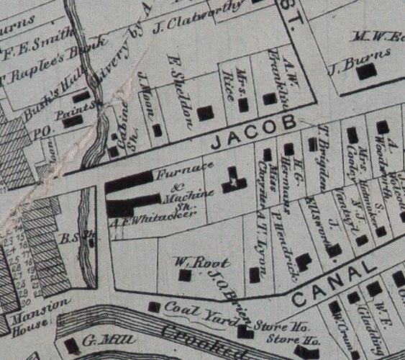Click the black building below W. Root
tap(185, 275)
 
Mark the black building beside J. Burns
tap(367, 71)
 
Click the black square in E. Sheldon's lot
tap(205, 113)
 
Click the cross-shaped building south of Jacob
tap(232, 180)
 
